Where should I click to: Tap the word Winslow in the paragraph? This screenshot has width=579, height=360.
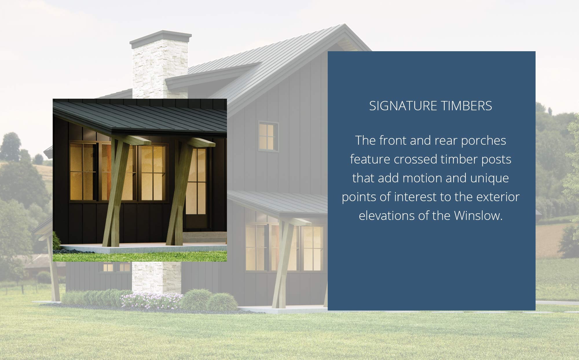tap(478, 216)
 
